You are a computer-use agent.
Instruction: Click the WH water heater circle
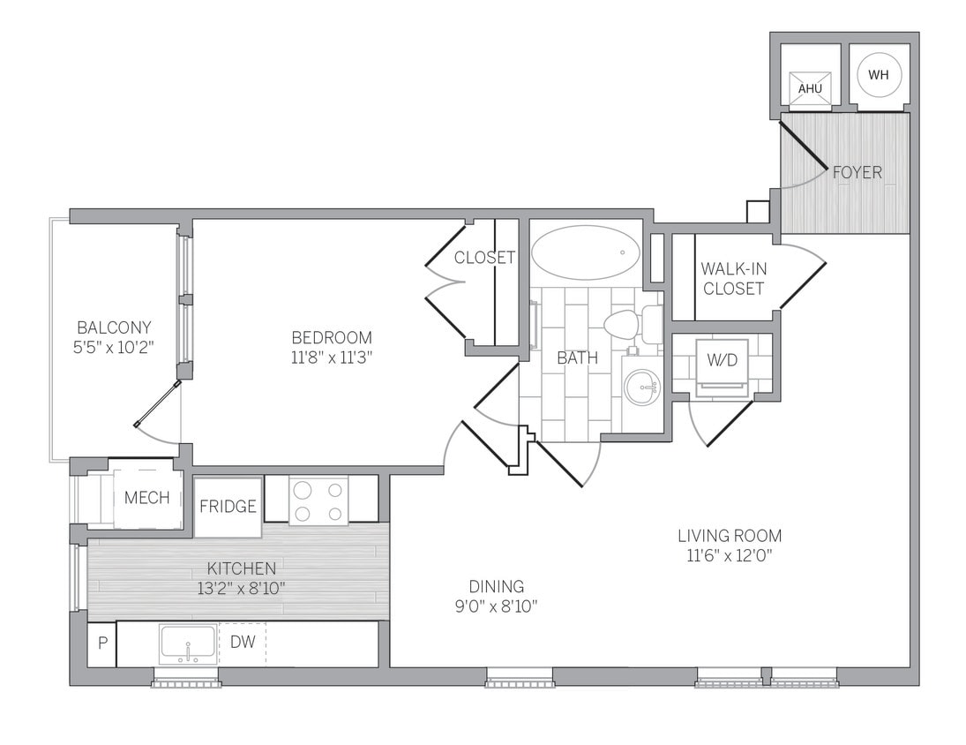pos(879,75)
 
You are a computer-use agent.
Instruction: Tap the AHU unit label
pos(810,89)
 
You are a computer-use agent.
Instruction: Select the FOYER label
pos(857,173)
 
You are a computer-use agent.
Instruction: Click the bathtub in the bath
pos(586,252)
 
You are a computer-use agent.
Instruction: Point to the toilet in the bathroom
pos(628,324)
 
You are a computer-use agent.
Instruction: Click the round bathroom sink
pos(641,387)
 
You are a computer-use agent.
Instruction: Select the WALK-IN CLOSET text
pos(733,278)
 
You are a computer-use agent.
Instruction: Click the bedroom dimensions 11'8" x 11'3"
pos(332,358)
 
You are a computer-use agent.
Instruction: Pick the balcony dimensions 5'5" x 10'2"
pos(114,347)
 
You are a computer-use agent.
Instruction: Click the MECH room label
pos(146,499)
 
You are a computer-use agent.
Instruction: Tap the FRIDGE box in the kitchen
pos(228,507)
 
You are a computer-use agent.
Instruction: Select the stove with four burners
pos(318,500)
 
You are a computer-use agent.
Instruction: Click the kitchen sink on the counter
pos(188,643)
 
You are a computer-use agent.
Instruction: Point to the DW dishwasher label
pos(242,643)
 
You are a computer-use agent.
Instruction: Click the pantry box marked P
pos(101,643)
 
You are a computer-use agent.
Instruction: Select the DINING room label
pos(496,586)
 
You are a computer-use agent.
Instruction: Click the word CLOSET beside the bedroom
pos(484,258)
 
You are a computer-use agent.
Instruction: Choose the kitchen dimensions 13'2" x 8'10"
pos(241,587)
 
